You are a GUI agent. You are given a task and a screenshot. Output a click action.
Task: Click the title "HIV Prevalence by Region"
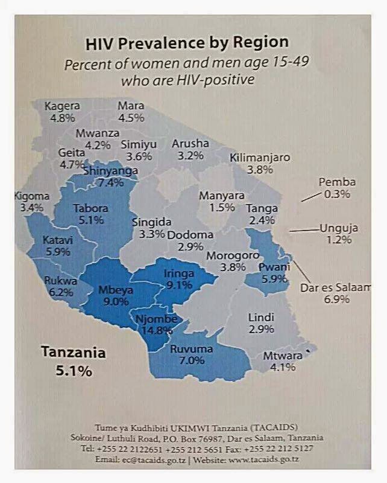[x=186, y=43]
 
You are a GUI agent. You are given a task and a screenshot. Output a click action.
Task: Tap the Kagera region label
[x=60, y=106]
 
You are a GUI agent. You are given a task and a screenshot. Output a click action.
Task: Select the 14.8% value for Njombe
[x=154, y=330]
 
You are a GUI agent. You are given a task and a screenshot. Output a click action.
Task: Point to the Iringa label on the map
[x=179, y=273]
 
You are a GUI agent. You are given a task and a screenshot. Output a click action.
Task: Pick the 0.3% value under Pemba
[x=336, y=194]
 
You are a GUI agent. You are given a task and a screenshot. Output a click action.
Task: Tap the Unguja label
[x=339, y=228]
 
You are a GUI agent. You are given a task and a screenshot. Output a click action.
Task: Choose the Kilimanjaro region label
[x=260, y=158]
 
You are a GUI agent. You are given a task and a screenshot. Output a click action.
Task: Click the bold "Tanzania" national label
[x=73, y=353]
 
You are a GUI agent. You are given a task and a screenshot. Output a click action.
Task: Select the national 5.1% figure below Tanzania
[x=74, y=371]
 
